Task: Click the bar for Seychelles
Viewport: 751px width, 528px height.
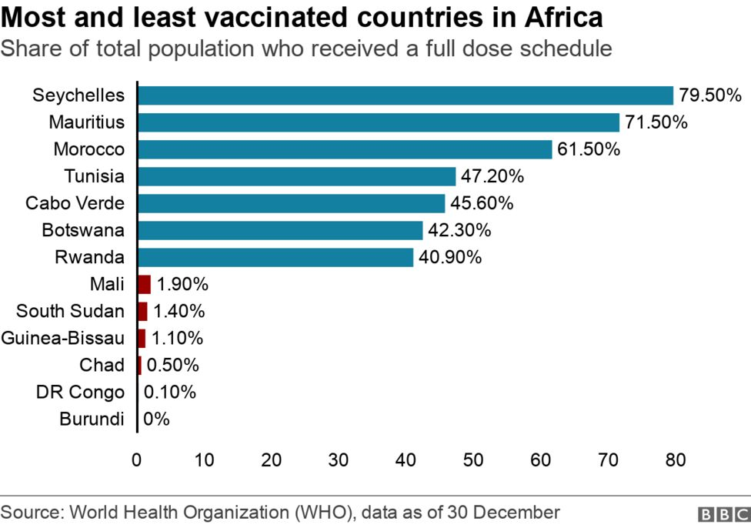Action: coord(406,95)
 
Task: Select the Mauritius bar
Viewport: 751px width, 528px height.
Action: coord(379,122)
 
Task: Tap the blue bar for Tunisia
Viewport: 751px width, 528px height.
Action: coord(296,176)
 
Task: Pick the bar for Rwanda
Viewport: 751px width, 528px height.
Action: coord(275,257)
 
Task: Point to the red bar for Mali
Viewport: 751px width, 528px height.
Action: coord(144,284)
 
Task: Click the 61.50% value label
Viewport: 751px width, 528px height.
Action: coord(589,149)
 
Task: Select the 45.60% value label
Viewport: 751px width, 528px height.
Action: coord(482,203)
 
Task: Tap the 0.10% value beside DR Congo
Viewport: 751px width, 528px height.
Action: coord(170,392)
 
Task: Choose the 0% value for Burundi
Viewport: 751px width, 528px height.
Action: coord(156,419)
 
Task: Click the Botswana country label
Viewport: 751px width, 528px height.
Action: coord(83,230)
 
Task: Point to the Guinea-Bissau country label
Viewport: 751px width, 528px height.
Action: coord(62,338)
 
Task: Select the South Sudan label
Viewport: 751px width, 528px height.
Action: coord(70,311)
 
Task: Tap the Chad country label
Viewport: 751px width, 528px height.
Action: coord(102,365)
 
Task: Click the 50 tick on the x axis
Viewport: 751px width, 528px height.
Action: coord(473,460)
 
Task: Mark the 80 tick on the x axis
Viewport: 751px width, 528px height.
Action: coord(675,460)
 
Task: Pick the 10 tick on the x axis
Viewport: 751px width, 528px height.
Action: coord(204,460)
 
